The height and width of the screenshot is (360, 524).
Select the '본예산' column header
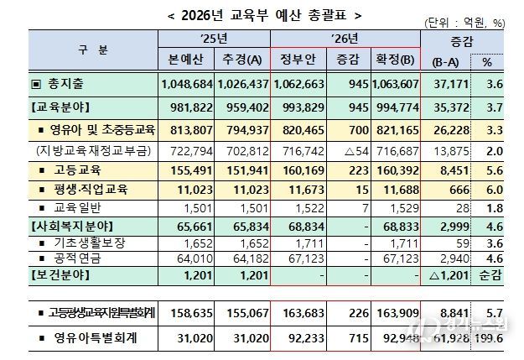187,59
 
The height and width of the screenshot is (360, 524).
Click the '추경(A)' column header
241,59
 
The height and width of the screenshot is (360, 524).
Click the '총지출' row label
64,85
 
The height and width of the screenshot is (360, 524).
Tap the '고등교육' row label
72,168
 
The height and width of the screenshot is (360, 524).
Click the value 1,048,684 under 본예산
187,85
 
